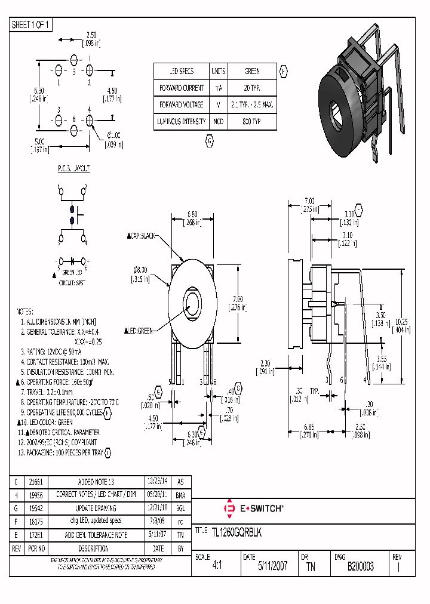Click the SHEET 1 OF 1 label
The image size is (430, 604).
click(x=31, y=24)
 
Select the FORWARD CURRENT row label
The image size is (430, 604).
click(x=181, y=88)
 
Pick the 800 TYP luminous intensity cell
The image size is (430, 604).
click(x=252, y=121)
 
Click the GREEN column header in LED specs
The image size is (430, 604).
click(x=252, y=71)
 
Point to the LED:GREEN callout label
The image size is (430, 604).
click(x=139, y=331)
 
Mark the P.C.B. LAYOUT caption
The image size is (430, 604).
click(x=74, y=169)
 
